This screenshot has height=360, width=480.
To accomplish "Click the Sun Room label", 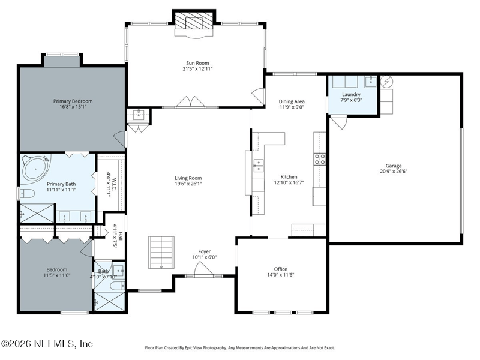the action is [197, 63].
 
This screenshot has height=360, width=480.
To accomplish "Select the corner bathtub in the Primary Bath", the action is [36, 168].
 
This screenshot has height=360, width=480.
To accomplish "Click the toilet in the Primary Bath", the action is [27, 193].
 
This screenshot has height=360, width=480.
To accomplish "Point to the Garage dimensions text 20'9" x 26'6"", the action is [394, 172].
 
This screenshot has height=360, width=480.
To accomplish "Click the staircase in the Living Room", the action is [161, 253].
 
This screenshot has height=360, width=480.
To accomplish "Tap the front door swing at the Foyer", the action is [203, 269].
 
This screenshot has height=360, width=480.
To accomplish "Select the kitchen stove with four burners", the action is [319, 159].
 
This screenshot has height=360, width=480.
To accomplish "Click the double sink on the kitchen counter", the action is [258, 166].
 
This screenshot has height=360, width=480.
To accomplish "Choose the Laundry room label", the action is [351, 94].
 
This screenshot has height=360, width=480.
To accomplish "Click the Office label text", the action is [280, 269].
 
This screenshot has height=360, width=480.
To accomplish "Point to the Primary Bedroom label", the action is [73, 101].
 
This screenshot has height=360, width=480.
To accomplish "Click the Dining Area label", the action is [292, 101].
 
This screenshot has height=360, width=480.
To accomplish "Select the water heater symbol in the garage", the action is [386, 82].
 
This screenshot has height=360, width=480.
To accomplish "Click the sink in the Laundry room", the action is [370, 82].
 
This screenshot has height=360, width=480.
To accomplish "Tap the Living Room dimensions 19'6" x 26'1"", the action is [188, 184].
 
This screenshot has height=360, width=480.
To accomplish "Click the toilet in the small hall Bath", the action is [117, 286].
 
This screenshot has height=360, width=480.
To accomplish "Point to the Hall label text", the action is [121, 236].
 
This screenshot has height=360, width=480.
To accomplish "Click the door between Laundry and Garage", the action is [338, 122].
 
